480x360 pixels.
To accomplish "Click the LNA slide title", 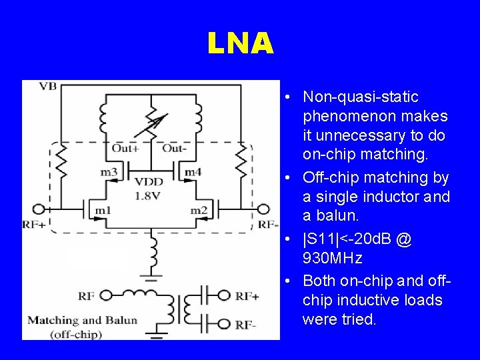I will click(x=240, y=44).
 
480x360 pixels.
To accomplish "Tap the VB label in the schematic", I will click(x=47, y=86).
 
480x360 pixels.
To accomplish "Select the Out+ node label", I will click(x=125, y=148).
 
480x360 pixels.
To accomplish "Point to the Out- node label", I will click(x=175, y=148).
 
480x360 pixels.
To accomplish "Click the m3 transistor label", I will click(x=109, y=173).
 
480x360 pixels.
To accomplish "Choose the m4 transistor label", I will click(x=193, y=173).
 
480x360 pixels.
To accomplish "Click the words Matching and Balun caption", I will click(x=82, y=320).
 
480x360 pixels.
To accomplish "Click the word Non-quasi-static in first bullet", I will click(x=361, y=97).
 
